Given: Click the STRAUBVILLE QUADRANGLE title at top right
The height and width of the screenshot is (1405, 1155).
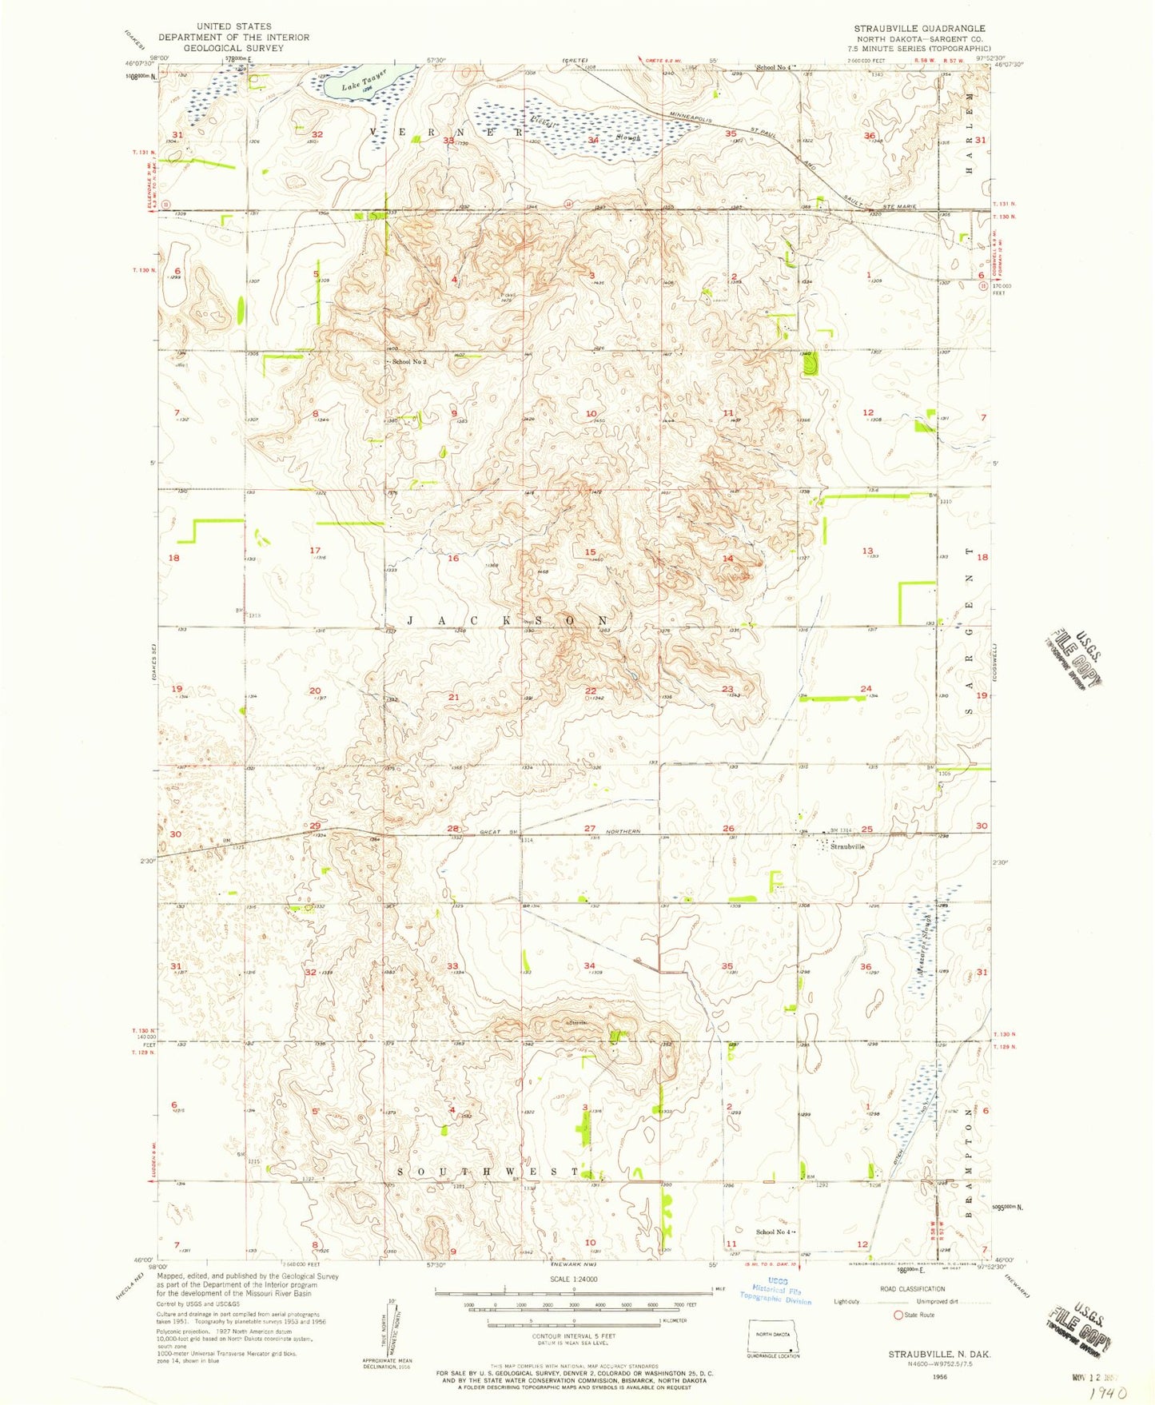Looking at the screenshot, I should click(919, 28).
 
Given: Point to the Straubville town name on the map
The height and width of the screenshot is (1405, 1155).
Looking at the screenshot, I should click(847, 846).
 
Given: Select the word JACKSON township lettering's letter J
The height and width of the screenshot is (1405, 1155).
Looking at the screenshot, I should click(411, 621).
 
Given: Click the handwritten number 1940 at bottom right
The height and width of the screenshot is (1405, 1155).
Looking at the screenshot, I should click(1106, 1393).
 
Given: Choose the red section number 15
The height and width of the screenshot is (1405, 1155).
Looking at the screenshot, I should click(590, 552).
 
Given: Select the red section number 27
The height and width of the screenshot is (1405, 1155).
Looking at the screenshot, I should click(590, 829).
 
